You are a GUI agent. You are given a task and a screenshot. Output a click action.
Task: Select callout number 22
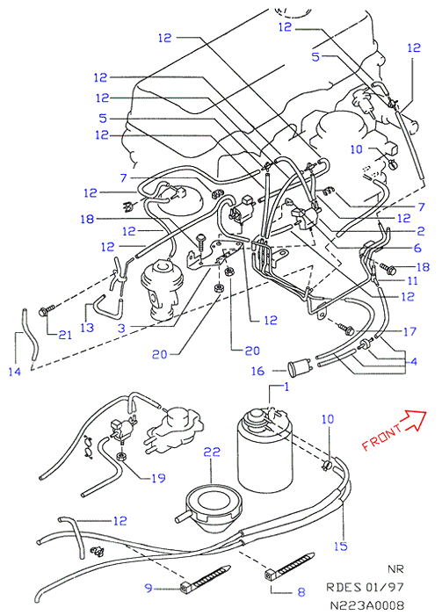(212, 452)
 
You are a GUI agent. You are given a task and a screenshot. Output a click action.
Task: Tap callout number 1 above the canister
(286, 387)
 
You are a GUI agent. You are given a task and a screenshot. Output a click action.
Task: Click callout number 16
(257, 371)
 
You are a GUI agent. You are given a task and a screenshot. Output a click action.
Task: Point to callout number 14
(15, 371)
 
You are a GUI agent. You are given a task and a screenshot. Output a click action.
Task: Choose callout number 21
(65, 335)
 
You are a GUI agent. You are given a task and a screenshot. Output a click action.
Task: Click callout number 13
(87, 327)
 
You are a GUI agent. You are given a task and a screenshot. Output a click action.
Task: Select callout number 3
(122, 328)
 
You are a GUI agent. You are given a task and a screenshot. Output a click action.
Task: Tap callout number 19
(158, 478)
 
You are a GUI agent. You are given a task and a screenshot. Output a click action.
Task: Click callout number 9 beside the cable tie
(149, 588)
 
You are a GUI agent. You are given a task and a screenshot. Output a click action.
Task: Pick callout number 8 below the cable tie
(301, 591)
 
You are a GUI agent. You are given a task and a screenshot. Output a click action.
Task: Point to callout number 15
(341, 546)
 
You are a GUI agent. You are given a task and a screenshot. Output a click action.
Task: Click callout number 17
(409, 331)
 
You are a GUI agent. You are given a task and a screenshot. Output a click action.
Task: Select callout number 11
(412, 281)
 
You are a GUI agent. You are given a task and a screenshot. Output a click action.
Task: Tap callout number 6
(417, 248)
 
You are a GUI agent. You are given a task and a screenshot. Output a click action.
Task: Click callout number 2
(420, 230)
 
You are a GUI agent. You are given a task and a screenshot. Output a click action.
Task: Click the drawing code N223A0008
(366, 605)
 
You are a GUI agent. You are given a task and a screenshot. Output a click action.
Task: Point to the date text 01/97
(384, 587)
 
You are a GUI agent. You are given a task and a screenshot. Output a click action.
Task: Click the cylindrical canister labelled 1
(265, 449)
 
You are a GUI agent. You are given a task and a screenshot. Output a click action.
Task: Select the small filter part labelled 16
(300, 368)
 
